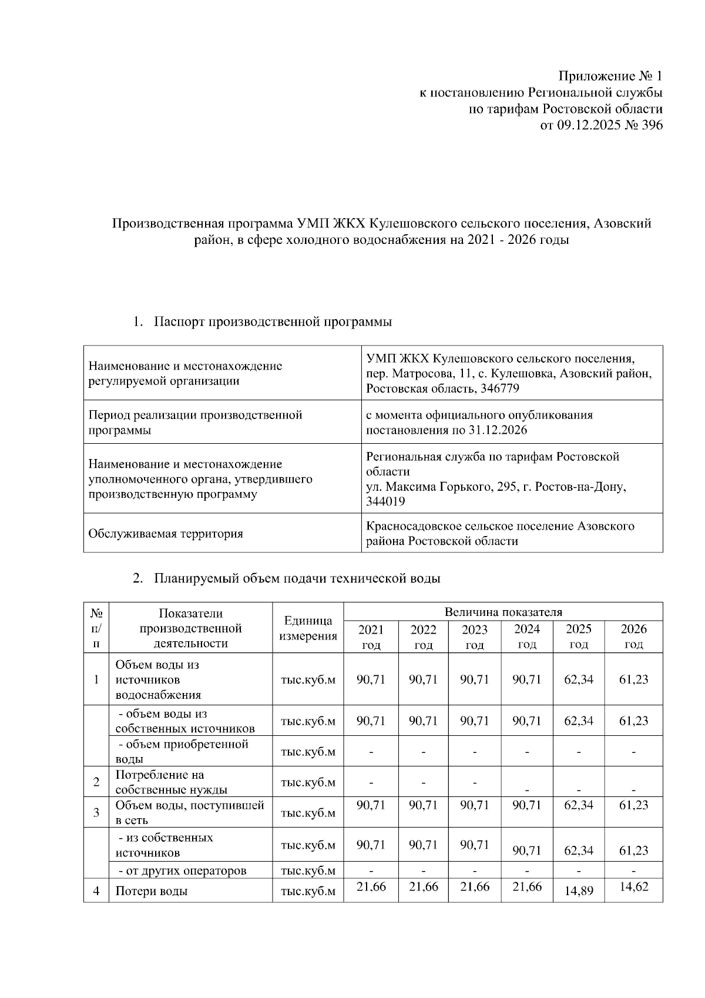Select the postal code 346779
click(499, 389)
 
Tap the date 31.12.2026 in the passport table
click(498, 430)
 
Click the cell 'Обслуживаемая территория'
click(165, 534)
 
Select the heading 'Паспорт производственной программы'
click(273, 322)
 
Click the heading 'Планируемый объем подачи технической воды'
click(297, 578)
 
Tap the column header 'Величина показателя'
click(503, 612)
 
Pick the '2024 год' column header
click(526, 637)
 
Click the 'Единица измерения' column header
click(308, 628)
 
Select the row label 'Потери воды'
click(152, 891)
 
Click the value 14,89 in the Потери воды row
click(579, 891)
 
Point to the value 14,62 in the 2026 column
click(633, 887)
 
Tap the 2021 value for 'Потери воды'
click(371, 887)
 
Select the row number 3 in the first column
click(96, 813)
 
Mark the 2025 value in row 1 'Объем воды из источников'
click(579, 679)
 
